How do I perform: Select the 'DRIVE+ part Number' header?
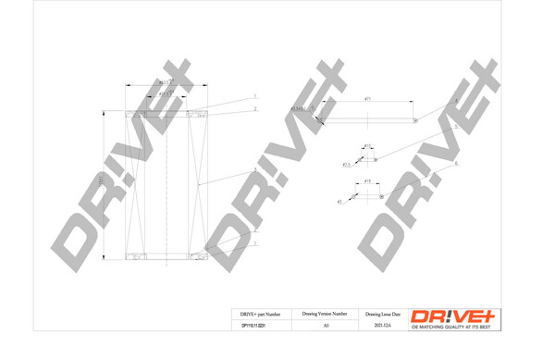260,314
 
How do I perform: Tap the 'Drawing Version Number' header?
325,314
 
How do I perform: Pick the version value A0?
325,326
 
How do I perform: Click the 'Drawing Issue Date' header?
382,314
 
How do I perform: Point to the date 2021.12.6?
382,326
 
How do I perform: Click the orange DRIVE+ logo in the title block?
452,315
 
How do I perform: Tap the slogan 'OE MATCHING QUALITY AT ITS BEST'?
452,327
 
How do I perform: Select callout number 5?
456,127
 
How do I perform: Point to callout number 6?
456,164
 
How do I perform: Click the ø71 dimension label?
367,98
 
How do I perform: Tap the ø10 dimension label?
367,145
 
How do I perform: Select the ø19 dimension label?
367,181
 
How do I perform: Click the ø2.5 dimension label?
347,165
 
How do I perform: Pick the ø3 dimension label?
339,201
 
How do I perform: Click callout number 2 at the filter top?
255,109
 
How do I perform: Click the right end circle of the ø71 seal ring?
415,119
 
